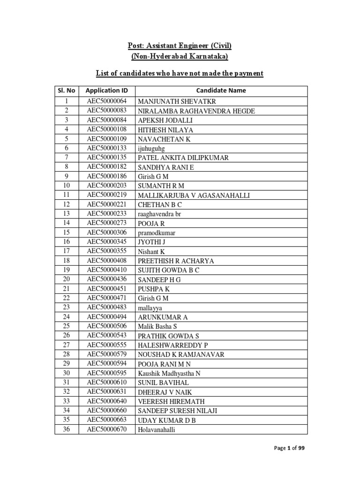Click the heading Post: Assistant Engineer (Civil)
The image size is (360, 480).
coord(180,46)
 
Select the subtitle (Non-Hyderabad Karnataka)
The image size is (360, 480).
coord(180,57)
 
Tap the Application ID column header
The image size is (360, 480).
coord(107,90)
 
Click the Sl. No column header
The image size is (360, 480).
coord(67,90)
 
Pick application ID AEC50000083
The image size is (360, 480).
coord(107,110)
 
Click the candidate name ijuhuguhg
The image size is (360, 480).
coord(152,148)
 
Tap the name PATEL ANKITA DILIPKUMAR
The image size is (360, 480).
coord(183,157)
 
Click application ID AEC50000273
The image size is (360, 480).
coord(107,223)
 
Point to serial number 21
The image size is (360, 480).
coord(67,288)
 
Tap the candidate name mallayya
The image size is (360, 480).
coord(150,307)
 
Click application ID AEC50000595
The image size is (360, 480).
coord(107,373)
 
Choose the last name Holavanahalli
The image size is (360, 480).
coord(156,429)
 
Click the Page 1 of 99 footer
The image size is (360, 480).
coord(289,449)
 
